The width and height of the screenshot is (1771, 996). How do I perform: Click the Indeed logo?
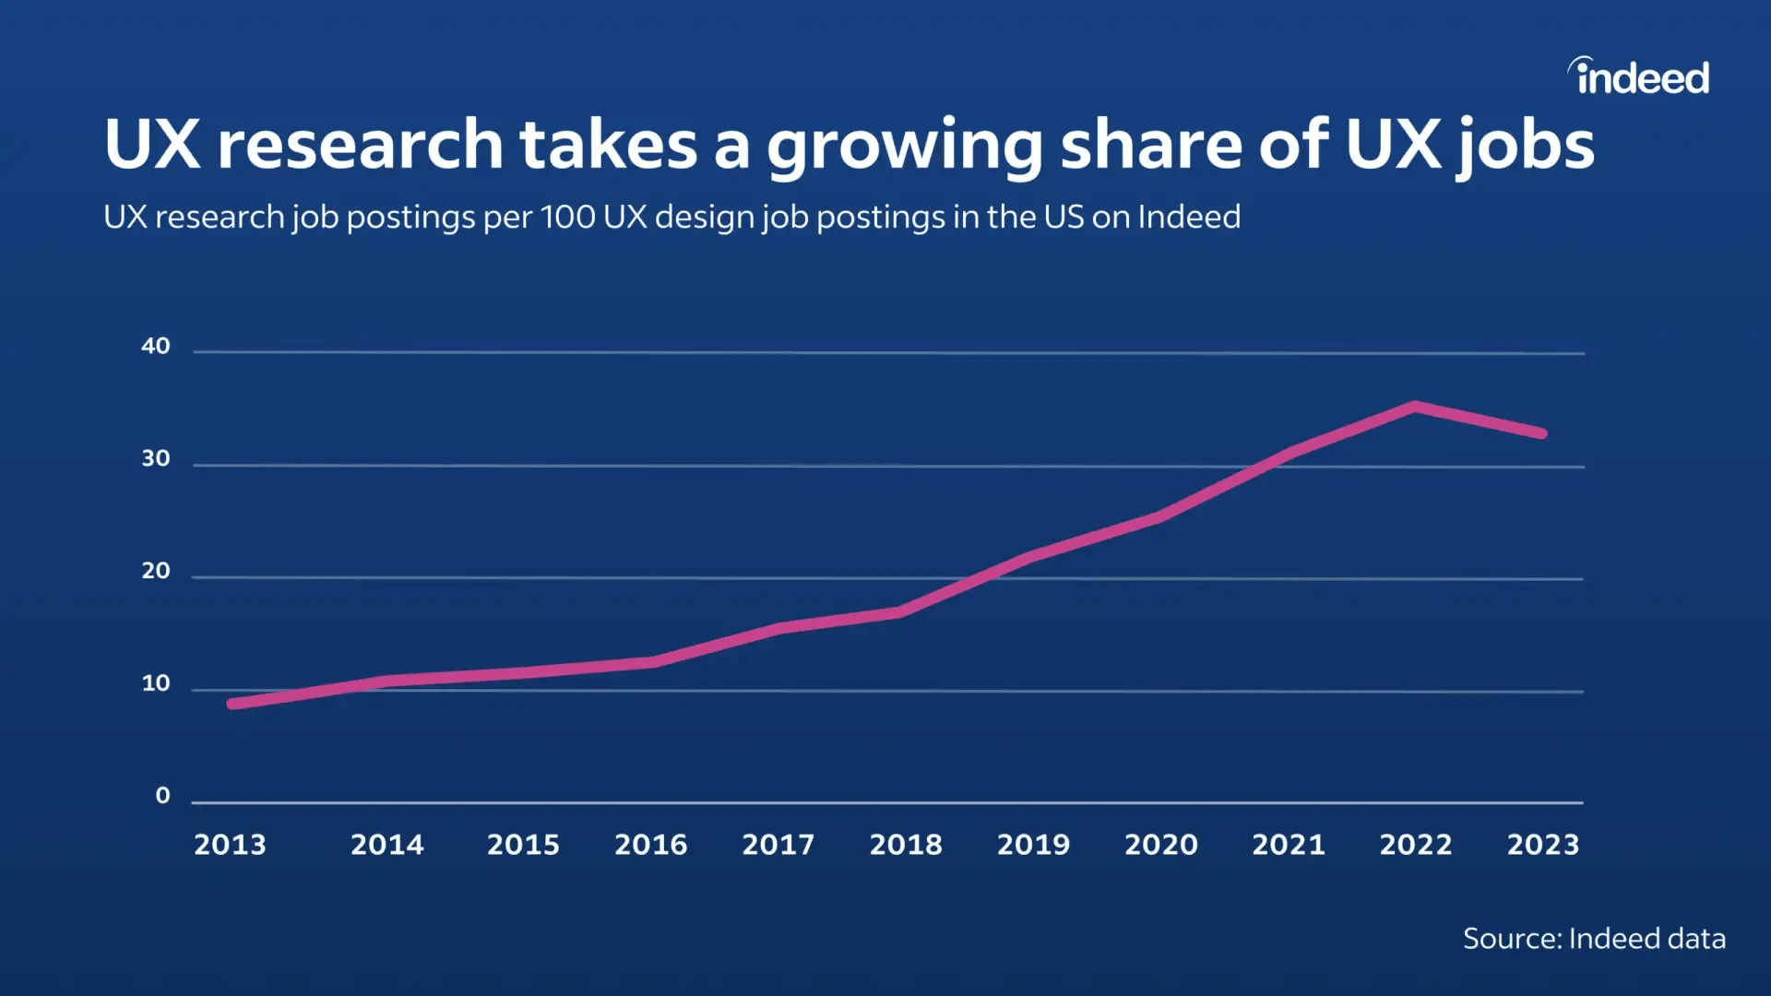click(1639, 77)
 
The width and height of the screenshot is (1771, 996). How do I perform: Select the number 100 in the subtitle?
click(567, 217)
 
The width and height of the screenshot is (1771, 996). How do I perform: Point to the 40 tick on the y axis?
click(156, 346)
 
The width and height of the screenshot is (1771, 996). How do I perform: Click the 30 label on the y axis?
click(156, 458)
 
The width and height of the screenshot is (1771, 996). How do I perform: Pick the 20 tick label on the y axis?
click(156, 571)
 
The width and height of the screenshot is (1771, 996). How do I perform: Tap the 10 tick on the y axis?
click(156, 683)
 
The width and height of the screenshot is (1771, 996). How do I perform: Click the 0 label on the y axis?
click(162, 795)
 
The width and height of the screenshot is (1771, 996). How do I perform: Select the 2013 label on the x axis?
click(230, 844)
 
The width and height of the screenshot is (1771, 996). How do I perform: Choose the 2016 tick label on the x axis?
click(650, 844)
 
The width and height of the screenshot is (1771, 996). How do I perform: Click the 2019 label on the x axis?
click(1033, 844)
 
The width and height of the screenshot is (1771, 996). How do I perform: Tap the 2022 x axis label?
click(1415, 844)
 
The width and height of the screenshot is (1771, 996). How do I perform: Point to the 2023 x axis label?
click(1542, 844)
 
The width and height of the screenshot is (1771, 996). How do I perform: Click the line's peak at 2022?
click(1414, 407)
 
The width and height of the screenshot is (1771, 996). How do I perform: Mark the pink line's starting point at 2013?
click(232, 704)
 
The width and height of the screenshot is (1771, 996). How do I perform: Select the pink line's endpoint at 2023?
click(1541, 433)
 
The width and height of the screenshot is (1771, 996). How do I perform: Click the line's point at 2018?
click(899, 611)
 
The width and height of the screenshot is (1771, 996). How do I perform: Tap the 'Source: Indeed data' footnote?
click(1593, 938)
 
